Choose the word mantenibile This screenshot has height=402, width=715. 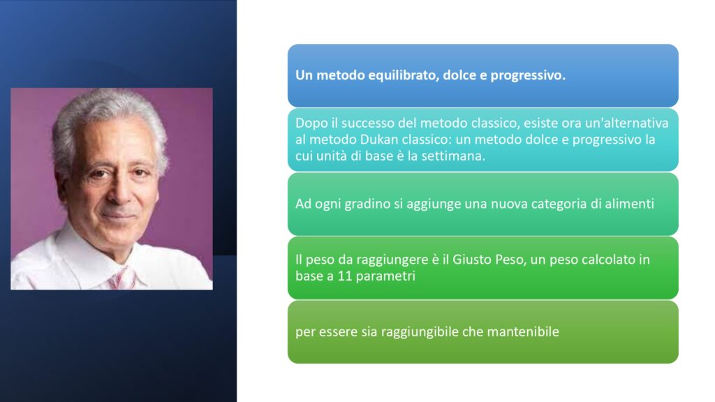click(x=523, y=332)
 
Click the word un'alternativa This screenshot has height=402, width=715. click(x=626, y=123)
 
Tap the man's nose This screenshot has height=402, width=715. click(x=119, y=191)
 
